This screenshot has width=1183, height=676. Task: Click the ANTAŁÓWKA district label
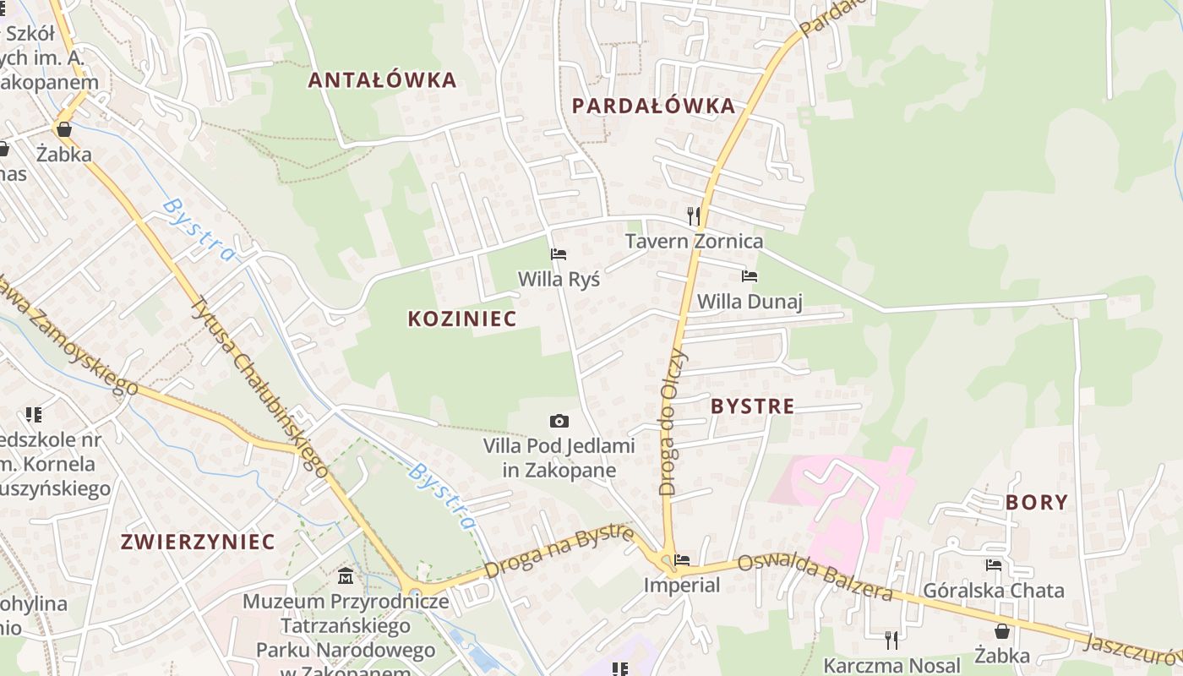point(382,80)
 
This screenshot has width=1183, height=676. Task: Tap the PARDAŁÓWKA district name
point(653,106)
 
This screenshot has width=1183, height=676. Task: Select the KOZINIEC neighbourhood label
point(461,319)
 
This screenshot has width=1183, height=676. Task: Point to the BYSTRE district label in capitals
point(752,406)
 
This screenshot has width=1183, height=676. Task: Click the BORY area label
point(1037,502)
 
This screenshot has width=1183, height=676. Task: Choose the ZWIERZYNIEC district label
point(198,542)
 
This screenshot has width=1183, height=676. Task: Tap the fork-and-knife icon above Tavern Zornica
point(694,215)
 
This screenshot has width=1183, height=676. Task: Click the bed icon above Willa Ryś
point(559,253)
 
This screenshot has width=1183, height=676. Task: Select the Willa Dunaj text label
point(749,302)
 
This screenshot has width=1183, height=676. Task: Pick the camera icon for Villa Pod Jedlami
point(559,421)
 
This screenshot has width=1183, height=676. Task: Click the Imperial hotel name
point(681,585)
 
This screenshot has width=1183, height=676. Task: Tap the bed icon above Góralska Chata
point(994,564)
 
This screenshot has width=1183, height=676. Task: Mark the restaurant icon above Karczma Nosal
point(891,640)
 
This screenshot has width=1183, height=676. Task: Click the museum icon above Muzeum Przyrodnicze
point(345,576)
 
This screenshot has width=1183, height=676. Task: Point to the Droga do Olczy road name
point(673,421)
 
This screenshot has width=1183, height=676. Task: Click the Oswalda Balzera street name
point(815,578)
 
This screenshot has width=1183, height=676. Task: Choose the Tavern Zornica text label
point(694,241)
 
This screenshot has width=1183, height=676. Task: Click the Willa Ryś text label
point(559,279)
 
